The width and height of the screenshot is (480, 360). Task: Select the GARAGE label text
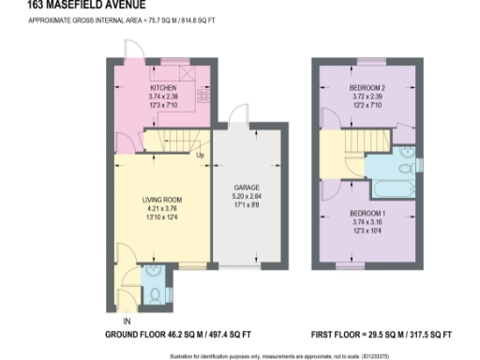(246, 187)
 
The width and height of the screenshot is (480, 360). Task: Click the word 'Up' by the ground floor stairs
(200, 154)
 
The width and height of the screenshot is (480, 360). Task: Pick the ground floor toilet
(156, 293)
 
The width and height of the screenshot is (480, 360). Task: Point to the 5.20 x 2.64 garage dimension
(246, 197)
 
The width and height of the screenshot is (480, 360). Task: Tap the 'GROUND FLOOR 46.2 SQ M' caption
(178, 334)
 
